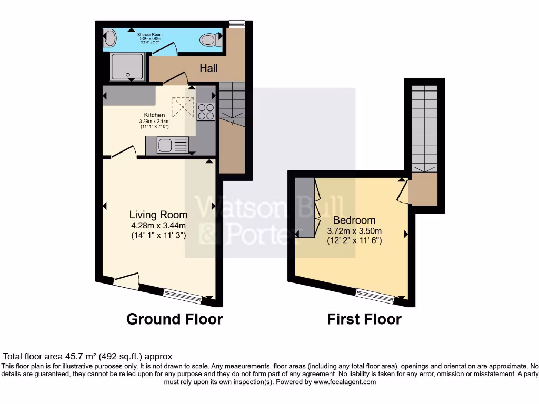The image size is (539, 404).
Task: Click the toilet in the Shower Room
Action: (209, 39)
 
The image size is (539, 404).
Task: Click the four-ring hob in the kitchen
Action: (206, 112)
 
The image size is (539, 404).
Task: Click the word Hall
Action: (208, 68)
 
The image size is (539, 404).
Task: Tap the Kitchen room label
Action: (155, 115)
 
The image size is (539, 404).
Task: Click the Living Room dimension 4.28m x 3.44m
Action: (158, 226)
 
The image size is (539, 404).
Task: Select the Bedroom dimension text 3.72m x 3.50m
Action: (354, 231)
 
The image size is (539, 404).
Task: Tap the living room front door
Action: (126, 281)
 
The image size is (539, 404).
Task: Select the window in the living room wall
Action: (182, 296)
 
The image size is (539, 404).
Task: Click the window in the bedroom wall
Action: (375, 297)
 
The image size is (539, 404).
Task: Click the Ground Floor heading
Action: (174, 319)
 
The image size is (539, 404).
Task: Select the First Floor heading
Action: (364, 319)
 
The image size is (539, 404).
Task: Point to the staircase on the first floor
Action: (424, 126)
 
